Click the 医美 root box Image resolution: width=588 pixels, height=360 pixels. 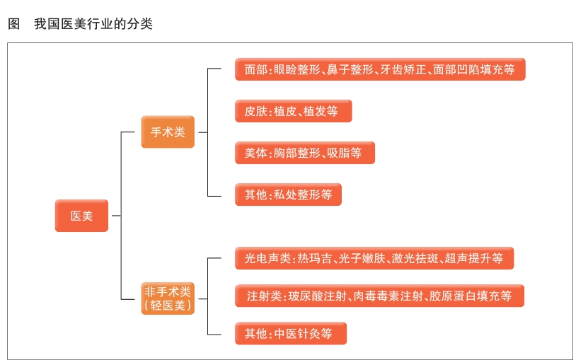(81, 216)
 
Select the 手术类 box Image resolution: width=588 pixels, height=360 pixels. (168, 132)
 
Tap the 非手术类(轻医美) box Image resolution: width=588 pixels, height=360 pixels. (168, 298)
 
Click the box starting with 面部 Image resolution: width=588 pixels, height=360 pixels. (380, 70)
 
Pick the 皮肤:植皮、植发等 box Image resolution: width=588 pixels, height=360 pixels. (293, 111)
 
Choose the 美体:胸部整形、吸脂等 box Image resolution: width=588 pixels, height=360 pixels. (304, 153)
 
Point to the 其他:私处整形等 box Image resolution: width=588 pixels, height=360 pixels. (288, 194)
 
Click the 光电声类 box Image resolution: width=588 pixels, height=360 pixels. (374, 258)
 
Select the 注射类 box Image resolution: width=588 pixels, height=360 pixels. (379, 296)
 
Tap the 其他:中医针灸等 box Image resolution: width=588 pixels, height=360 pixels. (291, 333)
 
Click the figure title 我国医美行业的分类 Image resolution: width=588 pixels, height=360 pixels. (93, 24)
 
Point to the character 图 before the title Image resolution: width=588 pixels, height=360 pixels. (13, 24)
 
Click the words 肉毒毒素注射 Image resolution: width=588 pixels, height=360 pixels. (386, 296)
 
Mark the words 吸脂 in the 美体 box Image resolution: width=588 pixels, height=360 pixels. (338, 153)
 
